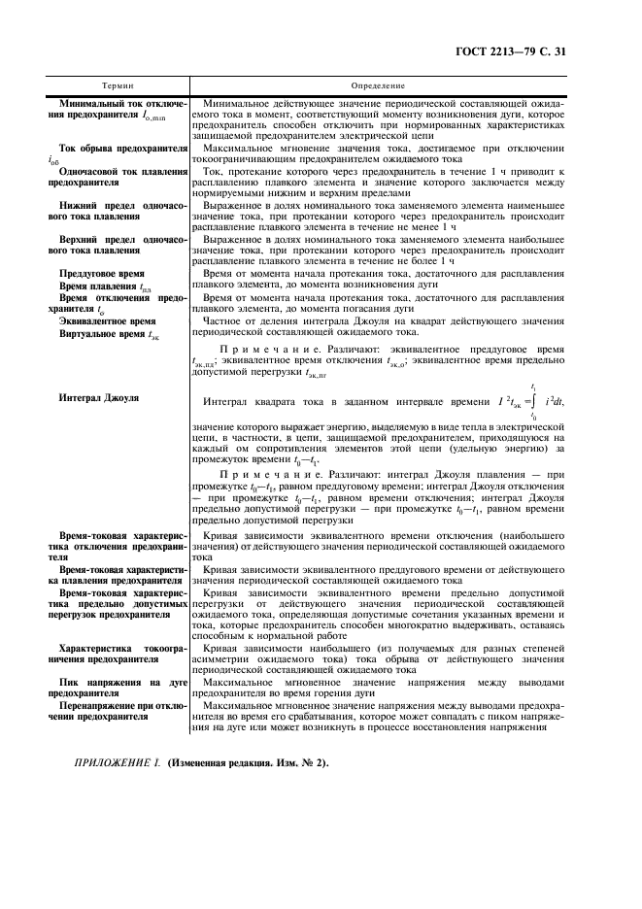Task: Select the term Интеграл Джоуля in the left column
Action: (99, 398)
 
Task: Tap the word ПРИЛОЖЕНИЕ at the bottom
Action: (116, 789)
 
